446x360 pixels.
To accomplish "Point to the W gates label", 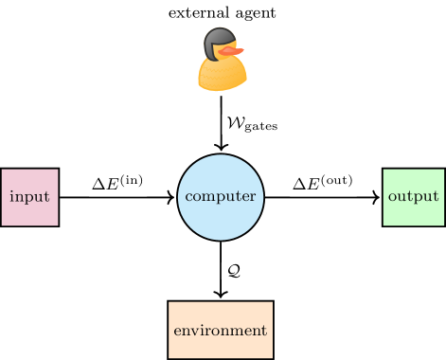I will [x=251, y=123].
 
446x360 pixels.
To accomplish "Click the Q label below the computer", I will [x=233, y=271].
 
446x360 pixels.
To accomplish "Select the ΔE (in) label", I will [x=118, y=183].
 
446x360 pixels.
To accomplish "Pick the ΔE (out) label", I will [x=323, y=183].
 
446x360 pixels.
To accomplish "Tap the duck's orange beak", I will [x=236, y=49].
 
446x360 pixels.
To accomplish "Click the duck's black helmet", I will [x=219, y=40].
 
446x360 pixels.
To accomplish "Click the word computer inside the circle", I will [x=221, y=197].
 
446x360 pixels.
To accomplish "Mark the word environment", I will [x=221, y=331].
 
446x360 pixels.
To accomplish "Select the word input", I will [x=29, y=197].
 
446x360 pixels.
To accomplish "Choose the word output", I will [x=414, y=197].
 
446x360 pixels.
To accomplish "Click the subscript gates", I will [x=261, y=127].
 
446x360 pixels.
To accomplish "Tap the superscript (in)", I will [x=134, y=178].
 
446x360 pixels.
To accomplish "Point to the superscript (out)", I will [x=339, y=178].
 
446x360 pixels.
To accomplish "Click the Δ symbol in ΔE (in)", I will [x=98, y=184].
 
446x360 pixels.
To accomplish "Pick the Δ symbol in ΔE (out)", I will [x=299, y=184].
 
